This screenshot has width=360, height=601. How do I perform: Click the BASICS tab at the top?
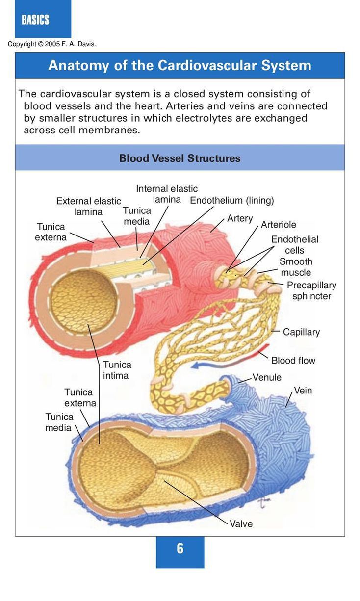35,20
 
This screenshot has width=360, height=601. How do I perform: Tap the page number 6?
180,549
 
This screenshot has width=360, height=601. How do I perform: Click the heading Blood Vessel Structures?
180,158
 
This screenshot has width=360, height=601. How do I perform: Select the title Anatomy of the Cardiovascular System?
180,66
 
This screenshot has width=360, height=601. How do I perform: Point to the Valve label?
241,524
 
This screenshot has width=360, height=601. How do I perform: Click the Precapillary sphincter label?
311,290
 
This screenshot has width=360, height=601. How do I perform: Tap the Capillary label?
301,332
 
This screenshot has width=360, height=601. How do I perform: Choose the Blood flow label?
293,361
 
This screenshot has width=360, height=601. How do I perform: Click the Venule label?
267,377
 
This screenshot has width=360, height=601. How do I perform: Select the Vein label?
303,391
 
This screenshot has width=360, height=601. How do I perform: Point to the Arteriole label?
279,225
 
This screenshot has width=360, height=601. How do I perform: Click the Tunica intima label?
117,370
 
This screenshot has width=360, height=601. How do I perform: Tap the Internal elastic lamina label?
167,194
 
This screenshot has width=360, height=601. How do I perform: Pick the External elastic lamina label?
88,206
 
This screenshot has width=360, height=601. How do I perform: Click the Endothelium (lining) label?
231,200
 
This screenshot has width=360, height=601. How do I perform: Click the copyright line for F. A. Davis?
52,44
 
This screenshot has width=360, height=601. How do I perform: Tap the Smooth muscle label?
296,267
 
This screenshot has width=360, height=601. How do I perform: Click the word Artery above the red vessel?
240,218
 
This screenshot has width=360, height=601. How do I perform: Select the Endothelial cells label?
294,244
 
